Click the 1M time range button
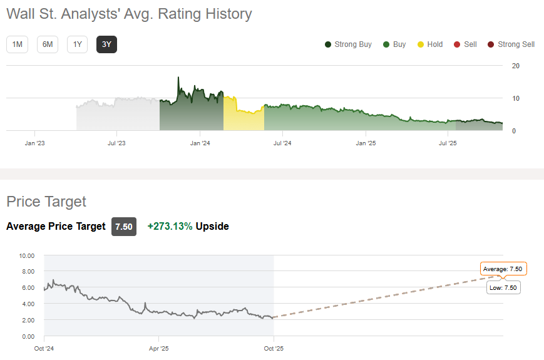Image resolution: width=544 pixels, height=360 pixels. click(17, 44)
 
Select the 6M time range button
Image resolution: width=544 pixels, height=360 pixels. click(47, 44)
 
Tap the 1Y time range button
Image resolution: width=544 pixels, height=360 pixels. click(77, 44)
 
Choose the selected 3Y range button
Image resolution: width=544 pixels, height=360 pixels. click(106, 44)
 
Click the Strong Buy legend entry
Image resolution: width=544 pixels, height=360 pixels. click(348, 44)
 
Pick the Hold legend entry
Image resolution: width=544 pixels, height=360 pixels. click(430, 44)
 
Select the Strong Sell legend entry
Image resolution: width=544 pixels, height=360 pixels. click(511, 44)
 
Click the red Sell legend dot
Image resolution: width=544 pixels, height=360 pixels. click(457, 44)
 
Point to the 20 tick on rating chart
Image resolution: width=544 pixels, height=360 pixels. click(515, 66)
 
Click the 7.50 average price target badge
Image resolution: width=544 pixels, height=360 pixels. click(124, 227)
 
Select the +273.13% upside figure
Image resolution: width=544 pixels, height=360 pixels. click(170, 227)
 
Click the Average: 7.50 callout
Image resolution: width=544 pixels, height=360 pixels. click(503, 269)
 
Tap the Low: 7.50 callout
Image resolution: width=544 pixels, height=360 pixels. click(503, 287)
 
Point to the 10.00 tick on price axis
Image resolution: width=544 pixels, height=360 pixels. click(27, 255)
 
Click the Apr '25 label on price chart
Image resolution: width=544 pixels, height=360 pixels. click(159, 348)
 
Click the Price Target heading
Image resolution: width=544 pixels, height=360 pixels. click(46, 202)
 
